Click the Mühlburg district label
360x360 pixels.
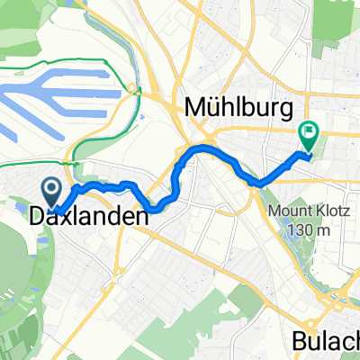click(x=238, y=109)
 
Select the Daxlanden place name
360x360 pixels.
click(x=87, y=217)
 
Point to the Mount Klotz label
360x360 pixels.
click(x=302, y=212)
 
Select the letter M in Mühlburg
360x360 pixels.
click(x=194, y=109)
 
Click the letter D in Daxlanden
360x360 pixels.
click(x=38, y=217)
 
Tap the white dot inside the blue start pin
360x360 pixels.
click(x=51, y=188)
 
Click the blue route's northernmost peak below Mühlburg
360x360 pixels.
click(x=200, y=147)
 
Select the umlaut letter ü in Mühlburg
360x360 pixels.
click(x=215, y=109)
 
